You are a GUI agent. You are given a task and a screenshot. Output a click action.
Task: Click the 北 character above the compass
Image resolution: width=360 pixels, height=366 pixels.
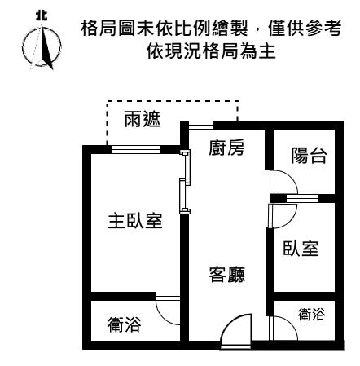click(x=42, y=15)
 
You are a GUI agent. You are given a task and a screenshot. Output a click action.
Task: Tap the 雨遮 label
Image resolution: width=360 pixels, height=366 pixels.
click(x=142, y=119)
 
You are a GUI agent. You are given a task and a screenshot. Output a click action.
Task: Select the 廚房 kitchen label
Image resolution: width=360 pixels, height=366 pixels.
click(x=226, y=148)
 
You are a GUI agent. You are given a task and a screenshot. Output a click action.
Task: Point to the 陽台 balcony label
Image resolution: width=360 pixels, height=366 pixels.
click(x=309, y=156)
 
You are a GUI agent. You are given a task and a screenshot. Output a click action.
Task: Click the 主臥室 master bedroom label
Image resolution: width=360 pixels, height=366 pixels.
click(x=135, y=221)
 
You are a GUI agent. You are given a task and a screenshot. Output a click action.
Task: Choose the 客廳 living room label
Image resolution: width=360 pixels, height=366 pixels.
click(x=227, y=274)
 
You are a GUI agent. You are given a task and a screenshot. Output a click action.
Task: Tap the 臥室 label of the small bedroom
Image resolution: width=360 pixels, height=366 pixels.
click(x=301, y=248)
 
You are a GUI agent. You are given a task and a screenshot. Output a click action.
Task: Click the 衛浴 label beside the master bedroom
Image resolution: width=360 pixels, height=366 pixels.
click(x=124, y=324)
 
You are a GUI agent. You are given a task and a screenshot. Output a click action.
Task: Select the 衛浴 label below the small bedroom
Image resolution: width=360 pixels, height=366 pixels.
click(x=311, y=314)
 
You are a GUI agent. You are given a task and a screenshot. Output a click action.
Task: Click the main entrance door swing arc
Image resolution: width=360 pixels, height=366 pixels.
click(x=228, y=324)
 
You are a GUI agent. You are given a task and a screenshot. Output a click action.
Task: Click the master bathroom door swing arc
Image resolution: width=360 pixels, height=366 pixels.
click(x=163, y=316)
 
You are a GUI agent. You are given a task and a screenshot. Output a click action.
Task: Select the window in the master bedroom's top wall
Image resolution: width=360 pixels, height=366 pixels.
click(x=135, y=149)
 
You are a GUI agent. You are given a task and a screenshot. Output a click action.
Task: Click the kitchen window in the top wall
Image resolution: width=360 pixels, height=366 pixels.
click(x=200, y=125)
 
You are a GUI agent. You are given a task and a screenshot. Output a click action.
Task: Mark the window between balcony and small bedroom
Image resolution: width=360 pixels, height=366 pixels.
click(x=302, y=198)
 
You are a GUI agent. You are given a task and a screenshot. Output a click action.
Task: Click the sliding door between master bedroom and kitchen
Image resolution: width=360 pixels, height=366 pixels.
click(x=185, y=182)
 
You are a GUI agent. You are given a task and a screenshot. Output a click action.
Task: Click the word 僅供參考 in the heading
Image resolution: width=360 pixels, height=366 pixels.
click(x=305, y=28)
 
